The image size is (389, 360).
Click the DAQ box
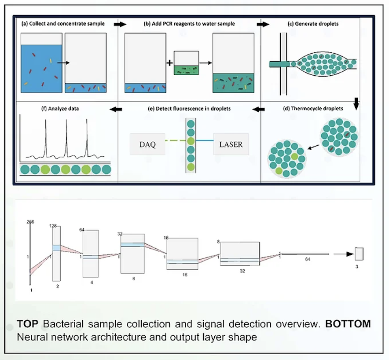coord(147,144)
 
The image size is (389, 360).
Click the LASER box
coord(231,144)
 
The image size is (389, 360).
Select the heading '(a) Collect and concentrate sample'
coord(63,24)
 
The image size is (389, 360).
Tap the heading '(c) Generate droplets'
coord(313,24)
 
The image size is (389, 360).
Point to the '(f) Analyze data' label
coord(60,109)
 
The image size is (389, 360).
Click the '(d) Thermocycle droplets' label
coord(313,108)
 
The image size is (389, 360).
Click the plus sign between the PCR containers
coord(169,63)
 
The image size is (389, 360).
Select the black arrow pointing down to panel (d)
coord(356,103)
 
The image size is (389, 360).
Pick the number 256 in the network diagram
coord(30,222)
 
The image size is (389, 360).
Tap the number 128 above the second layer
coord(53,226)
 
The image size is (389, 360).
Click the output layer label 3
coord(357,267)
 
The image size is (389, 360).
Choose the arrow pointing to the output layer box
coord(344,254)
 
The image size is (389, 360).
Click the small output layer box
coord(359,254)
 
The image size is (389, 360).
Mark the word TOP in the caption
coord(28,324)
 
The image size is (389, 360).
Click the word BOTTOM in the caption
coord(348,324)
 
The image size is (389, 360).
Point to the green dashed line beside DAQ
coord(176,141)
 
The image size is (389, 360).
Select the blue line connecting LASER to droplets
coord(205,141)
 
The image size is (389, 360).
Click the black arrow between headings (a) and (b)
coord(120,24)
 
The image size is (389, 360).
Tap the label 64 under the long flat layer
coord(308,259)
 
